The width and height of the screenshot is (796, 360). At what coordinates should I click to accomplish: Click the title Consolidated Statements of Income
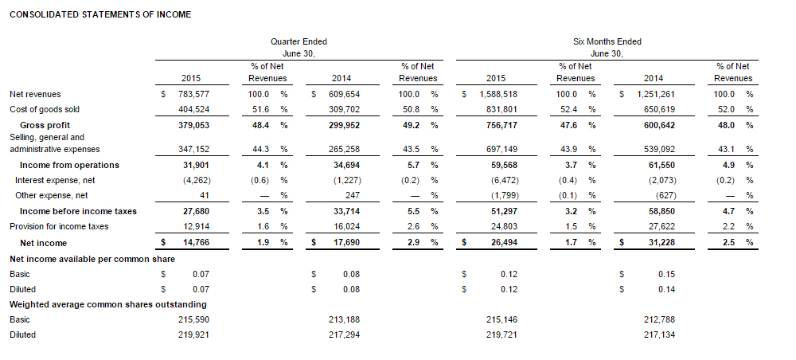99,15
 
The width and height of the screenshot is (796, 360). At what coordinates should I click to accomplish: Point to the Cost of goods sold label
44,109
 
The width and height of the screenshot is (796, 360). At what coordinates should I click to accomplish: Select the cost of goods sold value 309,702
345,109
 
